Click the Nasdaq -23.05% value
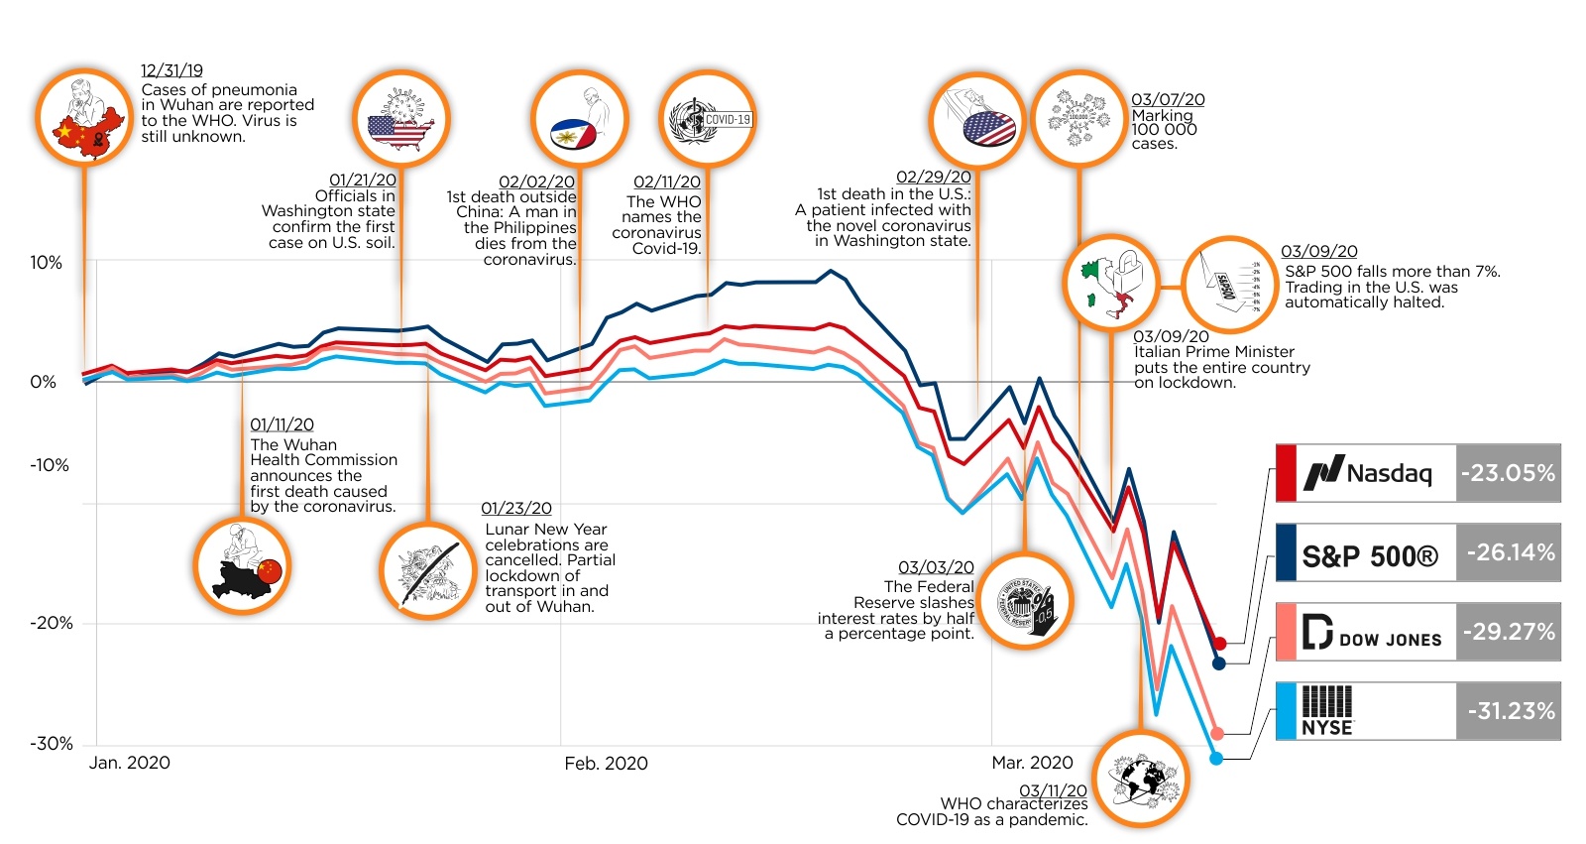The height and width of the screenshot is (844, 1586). pos(1508,473)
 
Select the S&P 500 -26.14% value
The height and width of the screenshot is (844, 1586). pos(1510,552)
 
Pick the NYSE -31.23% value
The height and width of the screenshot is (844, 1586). pos(1510,711)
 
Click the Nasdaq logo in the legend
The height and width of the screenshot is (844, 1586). pos(1369,473)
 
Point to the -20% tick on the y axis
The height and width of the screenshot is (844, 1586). pos(52,623)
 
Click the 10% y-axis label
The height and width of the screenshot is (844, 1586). pos(46,263)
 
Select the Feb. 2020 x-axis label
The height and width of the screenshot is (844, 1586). pos(606,763)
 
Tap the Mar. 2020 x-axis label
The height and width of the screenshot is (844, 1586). pos(1032,763)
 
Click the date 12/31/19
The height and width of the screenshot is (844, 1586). pos(171,70)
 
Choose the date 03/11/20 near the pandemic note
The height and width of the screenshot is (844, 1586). pos(1053,790)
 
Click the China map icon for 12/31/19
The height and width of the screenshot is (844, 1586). pos(84,118)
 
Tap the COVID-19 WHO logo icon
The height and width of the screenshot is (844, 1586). pos(708,120)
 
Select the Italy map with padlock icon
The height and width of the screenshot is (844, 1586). pos(1111,282)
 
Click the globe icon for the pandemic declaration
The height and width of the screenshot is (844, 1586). pos(1142,780)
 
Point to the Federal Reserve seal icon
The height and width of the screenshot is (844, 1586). pos(1025,601)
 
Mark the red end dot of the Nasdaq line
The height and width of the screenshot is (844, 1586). pos(1220,644)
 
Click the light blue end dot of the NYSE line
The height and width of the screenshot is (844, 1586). pos(1216,759)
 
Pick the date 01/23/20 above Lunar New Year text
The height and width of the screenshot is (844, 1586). pos(516,509)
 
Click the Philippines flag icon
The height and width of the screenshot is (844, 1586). pos(579,119)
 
